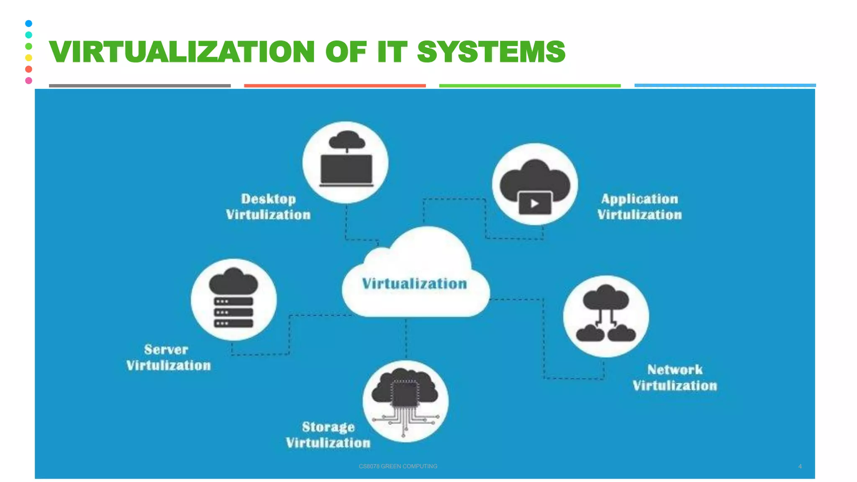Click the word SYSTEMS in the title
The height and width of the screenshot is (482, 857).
point(491,52)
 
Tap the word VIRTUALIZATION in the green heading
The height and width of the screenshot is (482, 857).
point(182,52)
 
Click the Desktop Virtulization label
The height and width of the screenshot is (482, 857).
point(268,207)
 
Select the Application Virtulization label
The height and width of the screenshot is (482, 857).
point(639,207)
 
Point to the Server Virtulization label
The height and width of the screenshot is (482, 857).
point(168,357)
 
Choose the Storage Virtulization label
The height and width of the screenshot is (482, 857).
point(328,435)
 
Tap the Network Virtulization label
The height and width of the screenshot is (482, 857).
point(675,377)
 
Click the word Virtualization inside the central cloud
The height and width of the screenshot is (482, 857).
point(414,284)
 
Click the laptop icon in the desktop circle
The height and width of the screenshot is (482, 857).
point(346,169)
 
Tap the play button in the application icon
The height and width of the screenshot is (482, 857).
point(534,204)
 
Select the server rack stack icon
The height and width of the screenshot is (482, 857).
point(233,312)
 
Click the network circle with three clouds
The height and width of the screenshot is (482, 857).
point(606,316)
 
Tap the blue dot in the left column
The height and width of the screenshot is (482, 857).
point(28,23)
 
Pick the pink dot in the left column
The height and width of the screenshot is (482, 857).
point(28,80)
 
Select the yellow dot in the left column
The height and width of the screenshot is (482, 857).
point(28,58)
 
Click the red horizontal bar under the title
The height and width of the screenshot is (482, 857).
point(335,85)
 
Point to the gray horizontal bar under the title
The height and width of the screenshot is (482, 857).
point(140,85)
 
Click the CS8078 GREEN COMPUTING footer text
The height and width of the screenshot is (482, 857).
point(398,466)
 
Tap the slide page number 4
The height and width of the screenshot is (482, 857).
point(800,466)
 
